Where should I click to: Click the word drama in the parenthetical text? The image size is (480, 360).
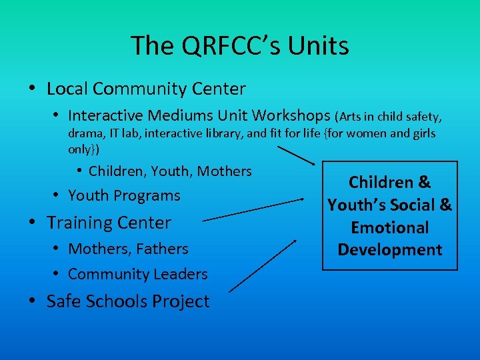[84, 133]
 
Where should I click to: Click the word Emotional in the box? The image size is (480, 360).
[390, 227]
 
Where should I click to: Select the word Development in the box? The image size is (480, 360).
[390, 250]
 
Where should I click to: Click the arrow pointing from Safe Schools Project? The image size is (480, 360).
[263, 265]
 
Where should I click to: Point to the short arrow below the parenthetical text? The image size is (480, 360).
[295, 155]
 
